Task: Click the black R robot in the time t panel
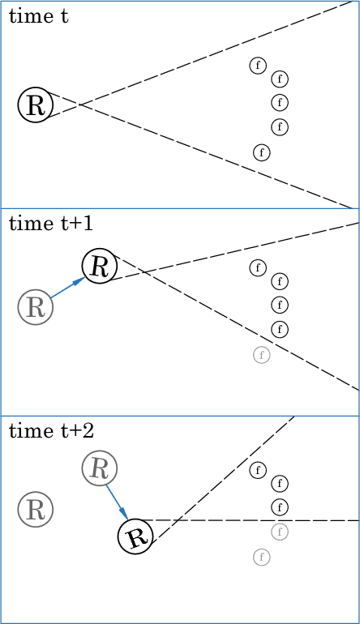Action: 35,105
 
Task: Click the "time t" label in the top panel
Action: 38,16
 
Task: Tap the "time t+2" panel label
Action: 50,431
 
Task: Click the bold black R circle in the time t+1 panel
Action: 99,265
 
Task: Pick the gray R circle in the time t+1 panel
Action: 35,307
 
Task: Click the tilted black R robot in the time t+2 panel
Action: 136,536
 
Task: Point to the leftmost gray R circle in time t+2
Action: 35,510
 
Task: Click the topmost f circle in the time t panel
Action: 258,65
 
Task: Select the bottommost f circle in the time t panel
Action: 261,152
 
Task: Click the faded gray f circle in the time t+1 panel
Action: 261,354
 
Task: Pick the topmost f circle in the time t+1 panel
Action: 258,267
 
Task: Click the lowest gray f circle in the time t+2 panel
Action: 261,557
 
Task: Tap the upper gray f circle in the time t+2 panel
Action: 280,532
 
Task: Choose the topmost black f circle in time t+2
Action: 258,469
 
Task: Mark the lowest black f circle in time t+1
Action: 280,328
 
